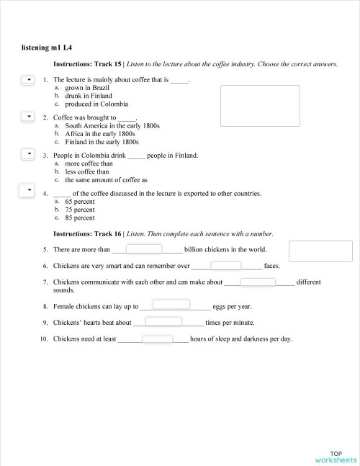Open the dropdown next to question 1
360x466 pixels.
pos(28,79)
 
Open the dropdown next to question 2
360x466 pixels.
pos(28,116)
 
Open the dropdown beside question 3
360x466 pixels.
pos(28,153)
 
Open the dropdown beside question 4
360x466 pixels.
pos(28,190)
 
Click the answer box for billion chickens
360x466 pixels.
pos(144,249)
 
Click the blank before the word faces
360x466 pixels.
pos(225,265)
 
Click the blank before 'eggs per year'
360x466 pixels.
pos(171,305)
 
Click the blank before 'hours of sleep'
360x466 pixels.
pos(158,339)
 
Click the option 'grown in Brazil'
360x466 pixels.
pos(87,88)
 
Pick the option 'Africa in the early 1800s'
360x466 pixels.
pos(100,133)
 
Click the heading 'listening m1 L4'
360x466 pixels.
pos(48,48)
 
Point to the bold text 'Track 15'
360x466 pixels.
pos(109,64)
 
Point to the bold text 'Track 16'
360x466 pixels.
pos(109,234)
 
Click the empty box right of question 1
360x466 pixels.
pos(253,107)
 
